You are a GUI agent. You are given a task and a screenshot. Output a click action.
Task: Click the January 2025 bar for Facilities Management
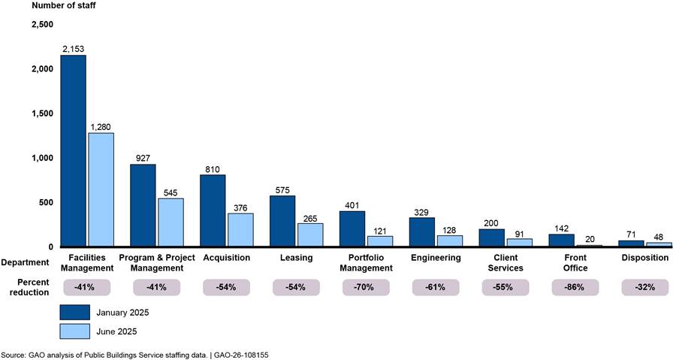coord(74,150)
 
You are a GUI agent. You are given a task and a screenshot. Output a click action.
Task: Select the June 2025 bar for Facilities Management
coord(101,189)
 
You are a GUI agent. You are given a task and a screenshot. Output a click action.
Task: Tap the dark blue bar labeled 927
coord(143,205)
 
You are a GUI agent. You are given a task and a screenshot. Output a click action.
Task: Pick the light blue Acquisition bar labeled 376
coord(240,230)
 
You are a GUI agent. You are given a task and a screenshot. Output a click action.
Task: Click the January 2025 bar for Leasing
coord(282,221)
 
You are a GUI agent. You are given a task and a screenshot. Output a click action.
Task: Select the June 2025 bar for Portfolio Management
coord(380,241)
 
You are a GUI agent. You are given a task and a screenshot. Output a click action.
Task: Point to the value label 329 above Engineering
coord(422,211)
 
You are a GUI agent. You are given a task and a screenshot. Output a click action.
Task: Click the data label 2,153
coord(74,48)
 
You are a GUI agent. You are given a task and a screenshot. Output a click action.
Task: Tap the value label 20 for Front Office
coord(590,238)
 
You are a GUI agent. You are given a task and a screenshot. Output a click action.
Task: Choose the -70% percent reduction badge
coord(367,287)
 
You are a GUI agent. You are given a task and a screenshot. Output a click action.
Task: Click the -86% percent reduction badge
coord(575,287)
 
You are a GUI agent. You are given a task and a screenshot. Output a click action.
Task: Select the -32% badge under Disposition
coord(645,287)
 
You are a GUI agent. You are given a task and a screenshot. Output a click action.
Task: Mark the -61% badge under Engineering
coord(436,287)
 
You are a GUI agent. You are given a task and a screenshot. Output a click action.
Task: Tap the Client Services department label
coord(505,262)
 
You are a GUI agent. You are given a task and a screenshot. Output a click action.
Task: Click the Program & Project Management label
coord(158,262)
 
